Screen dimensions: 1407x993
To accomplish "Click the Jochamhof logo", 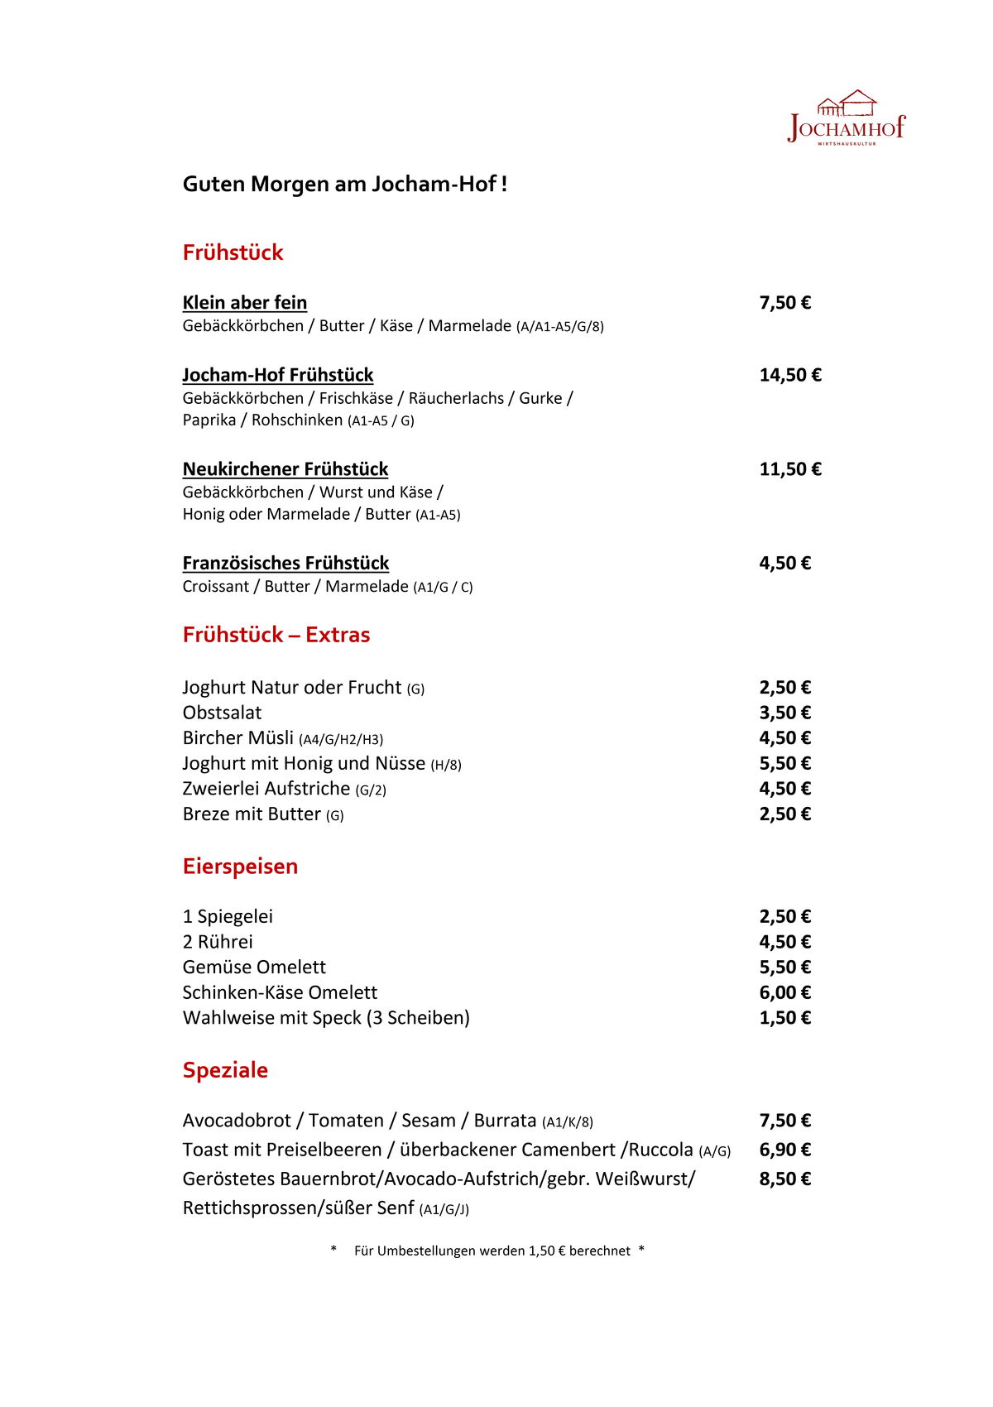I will pos(847,118).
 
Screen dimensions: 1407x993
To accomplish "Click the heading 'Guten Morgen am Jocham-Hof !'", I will pos(344,184).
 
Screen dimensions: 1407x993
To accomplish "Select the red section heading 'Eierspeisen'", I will pos(240,867).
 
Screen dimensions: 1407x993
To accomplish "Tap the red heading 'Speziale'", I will pos(225,1070).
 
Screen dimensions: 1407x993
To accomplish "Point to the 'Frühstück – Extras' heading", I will pos(276,635).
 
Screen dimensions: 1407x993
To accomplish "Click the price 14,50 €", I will pos(789,375).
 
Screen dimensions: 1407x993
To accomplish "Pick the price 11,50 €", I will pos(789,469).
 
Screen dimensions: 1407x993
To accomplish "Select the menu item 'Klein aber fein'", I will pos(244,303).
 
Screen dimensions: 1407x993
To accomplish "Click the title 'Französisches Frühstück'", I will pos(285,564).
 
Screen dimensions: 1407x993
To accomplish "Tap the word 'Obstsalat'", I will pos(222,713).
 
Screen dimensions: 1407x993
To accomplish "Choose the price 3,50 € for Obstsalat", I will pos(784,713).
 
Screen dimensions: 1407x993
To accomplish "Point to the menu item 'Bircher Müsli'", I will pos(238,738).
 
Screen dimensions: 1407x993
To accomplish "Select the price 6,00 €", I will pos(784,992).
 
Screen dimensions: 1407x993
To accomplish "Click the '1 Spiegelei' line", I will pos(228,916).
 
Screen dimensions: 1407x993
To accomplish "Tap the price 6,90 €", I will pos(784,1150).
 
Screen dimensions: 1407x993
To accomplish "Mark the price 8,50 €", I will pos(784,1179).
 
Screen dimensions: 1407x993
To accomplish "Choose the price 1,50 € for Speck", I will pos(784,1018).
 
